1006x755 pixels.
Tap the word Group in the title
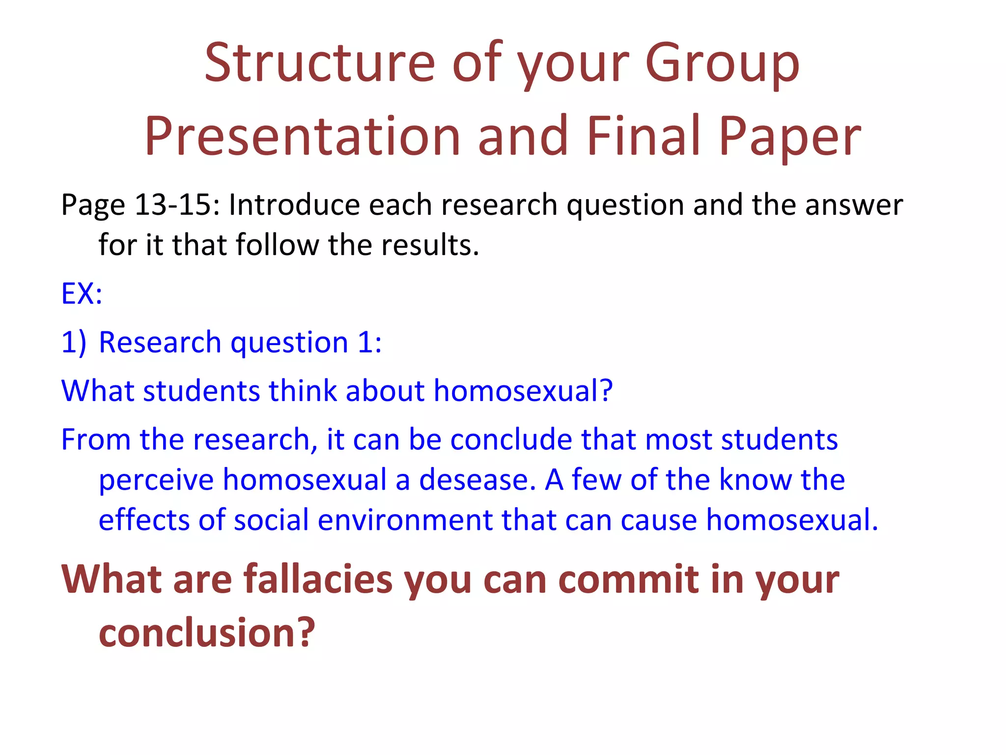tap(722, 63)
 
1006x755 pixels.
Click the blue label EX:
tap(82, 293)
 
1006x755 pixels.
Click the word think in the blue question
tap(303, 391)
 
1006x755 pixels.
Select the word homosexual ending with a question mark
tap(523, 391)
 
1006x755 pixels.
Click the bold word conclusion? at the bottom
tap(206, 633)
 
